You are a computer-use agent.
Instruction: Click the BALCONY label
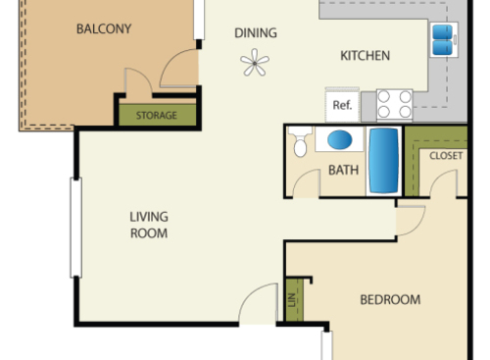click(x=103, y=28)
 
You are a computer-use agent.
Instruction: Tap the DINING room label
click(x=255, y=33)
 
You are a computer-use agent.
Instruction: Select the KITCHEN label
click(x=366, y=56)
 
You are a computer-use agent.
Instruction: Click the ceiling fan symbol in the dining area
click(x=255, y=65)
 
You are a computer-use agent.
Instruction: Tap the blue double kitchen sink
click(x=442, y=39)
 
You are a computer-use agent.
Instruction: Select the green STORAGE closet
click(x=157, y=115)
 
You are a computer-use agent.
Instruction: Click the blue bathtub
click(x=383, y=160)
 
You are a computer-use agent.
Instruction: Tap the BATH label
click(x=343, y=170)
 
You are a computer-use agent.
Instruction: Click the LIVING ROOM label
click(x=149, y=225)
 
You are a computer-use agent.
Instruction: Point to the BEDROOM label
click(x=389, y=300)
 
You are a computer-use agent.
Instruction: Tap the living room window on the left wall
click(x=73, y=227)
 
